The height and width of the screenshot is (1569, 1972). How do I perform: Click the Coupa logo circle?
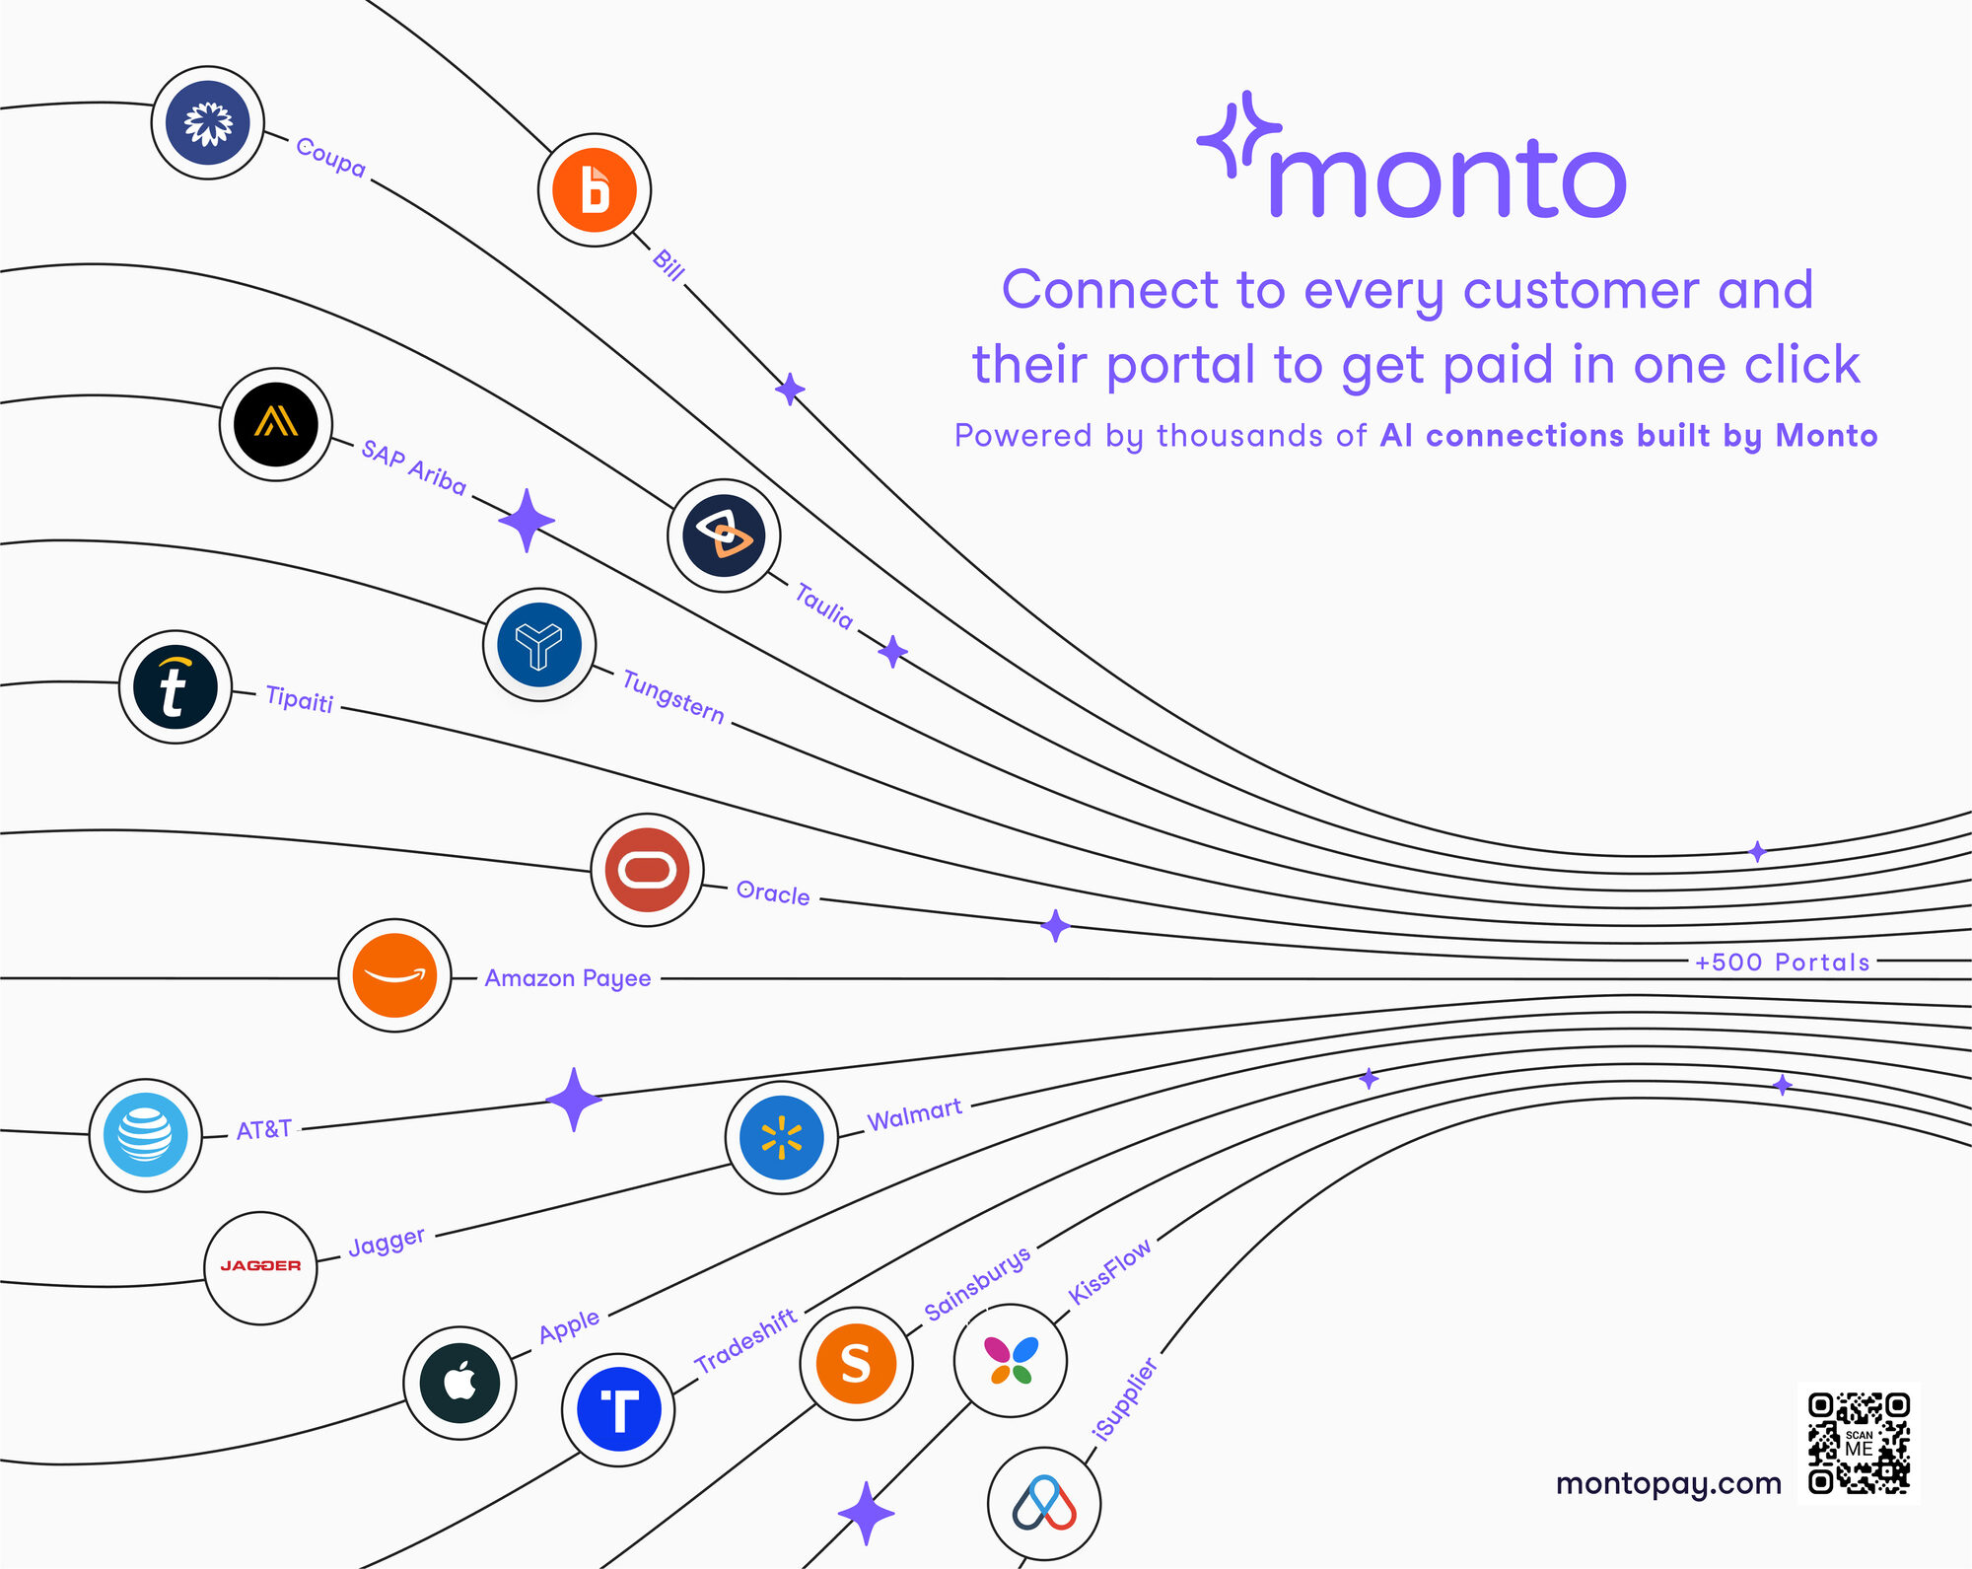tap(208, 122)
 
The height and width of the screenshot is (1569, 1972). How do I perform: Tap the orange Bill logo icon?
tap(595, 190)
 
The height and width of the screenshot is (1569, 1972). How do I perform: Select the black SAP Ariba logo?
tap(276, 424)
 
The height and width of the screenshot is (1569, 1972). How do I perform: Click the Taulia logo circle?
tap(724, 535)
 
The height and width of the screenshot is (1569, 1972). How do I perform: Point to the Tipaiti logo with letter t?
tap(176, 686)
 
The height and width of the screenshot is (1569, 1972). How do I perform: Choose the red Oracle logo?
tap(647, 870)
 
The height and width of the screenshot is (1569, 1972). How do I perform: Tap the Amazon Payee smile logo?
tap(394, 975)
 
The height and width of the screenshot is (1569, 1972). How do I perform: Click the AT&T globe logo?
tap(146, 1135)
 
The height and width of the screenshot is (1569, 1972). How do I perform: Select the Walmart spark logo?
tap(782, 1137)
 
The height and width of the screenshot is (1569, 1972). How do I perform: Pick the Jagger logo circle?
tap(260, 1267)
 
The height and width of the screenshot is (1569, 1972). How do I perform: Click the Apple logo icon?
tap(459, 1383)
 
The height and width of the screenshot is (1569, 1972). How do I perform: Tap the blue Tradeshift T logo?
tap(618, 1409)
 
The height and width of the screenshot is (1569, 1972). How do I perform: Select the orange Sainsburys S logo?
tap(856, 1364)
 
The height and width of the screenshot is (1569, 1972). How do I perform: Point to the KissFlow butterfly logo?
tap(1011, 1360)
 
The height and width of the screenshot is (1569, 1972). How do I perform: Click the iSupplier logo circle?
tap(1044, 1504)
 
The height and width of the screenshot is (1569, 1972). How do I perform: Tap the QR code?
tap(1859, 1443)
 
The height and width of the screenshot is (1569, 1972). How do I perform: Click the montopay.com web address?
tap(1668, 1484)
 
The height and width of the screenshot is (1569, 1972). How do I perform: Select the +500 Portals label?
tap(1783, 962)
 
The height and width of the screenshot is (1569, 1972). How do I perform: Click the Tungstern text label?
tap(673, 696)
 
